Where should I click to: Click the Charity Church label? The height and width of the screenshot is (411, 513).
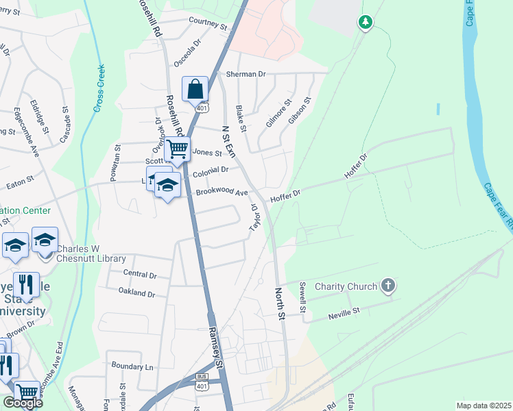346,286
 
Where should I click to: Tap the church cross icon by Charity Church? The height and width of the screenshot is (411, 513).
388,286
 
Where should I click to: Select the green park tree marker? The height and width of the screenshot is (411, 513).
366,23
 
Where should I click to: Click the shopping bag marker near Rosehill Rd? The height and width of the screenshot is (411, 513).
195,90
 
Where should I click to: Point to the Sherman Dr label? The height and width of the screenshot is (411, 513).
241,74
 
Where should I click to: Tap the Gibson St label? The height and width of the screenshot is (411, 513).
300,110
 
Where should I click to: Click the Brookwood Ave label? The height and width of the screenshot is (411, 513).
221,192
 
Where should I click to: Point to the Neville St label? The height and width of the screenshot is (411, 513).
344,312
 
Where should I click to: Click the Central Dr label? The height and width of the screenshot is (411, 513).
140,274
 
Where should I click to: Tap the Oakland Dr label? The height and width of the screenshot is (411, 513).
136,293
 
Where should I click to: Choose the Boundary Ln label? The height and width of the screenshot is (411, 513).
132,366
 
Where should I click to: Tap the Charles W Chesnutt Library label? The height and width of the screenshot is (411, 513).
91,254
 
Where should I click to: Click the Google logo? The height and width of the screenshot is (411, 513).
23,403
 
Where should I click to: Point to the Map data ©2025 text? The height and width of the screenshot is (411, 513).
483,405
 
